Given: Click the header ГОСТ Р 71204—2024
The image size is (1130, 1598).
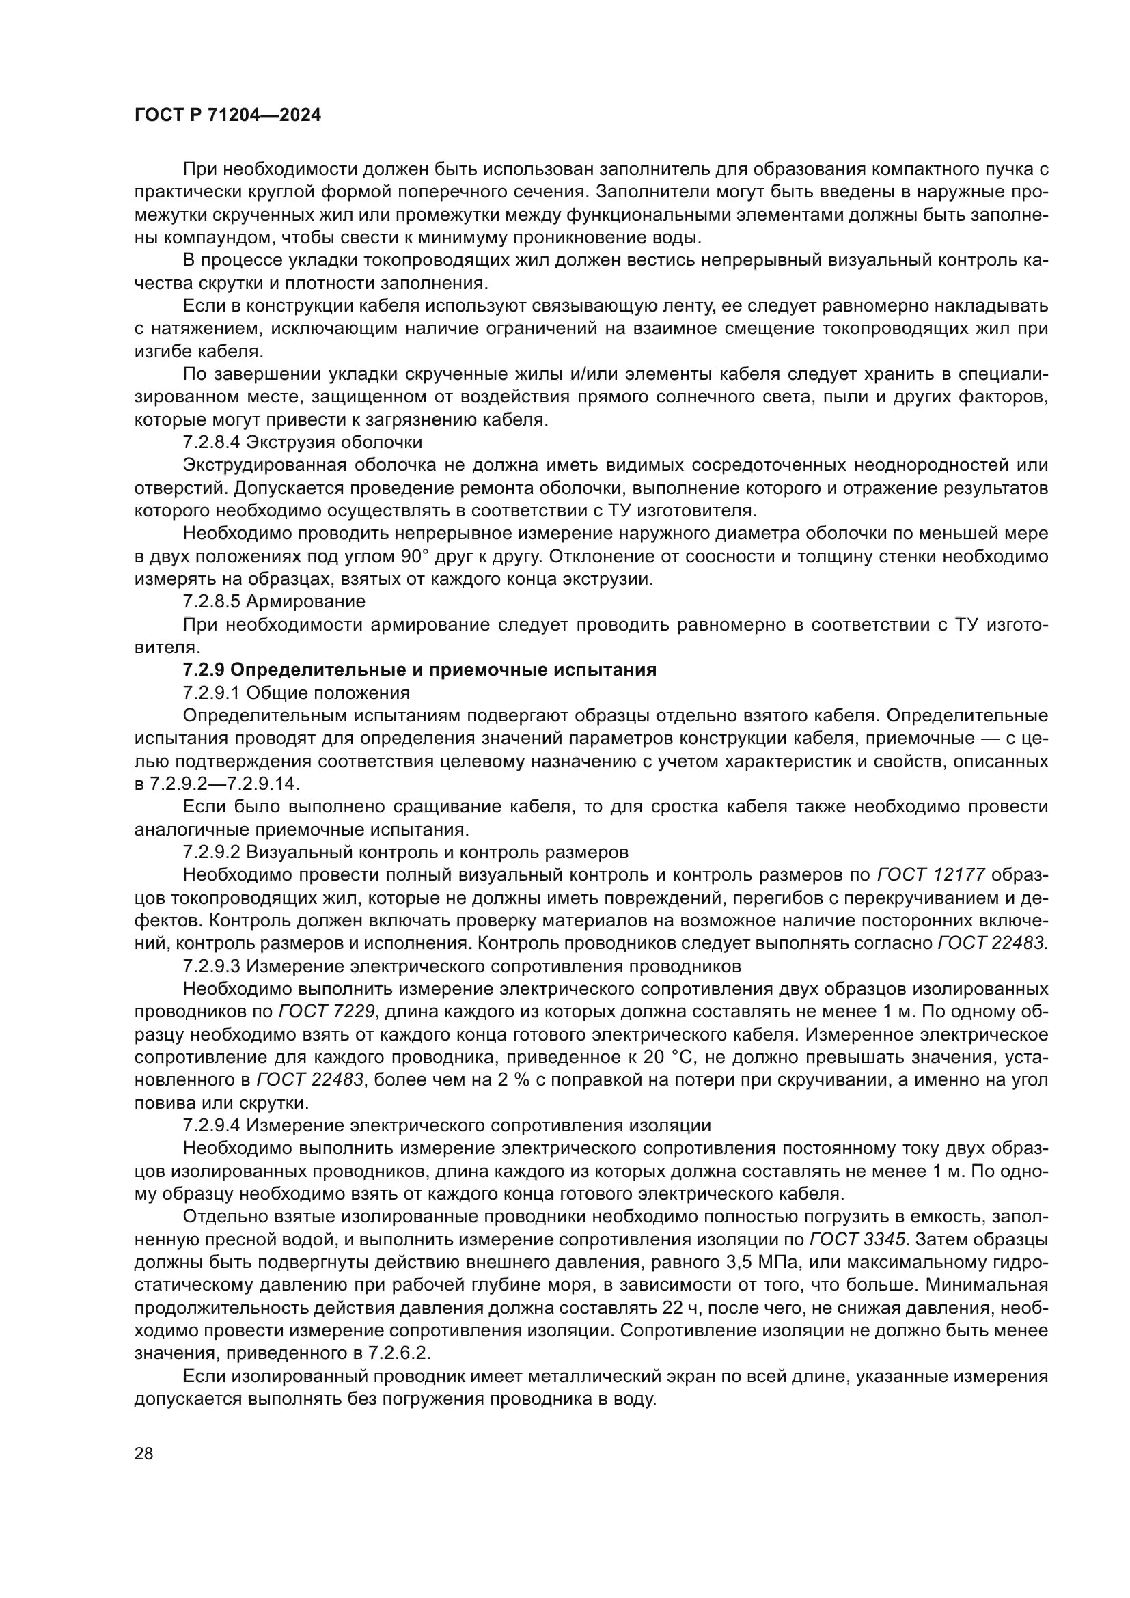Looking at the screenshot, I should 228,115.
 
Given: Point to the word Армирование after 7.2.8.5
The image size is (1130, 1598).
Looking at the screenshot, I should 305,601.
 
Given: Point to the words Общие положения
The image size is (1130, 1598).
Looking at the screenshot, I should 328,693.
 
